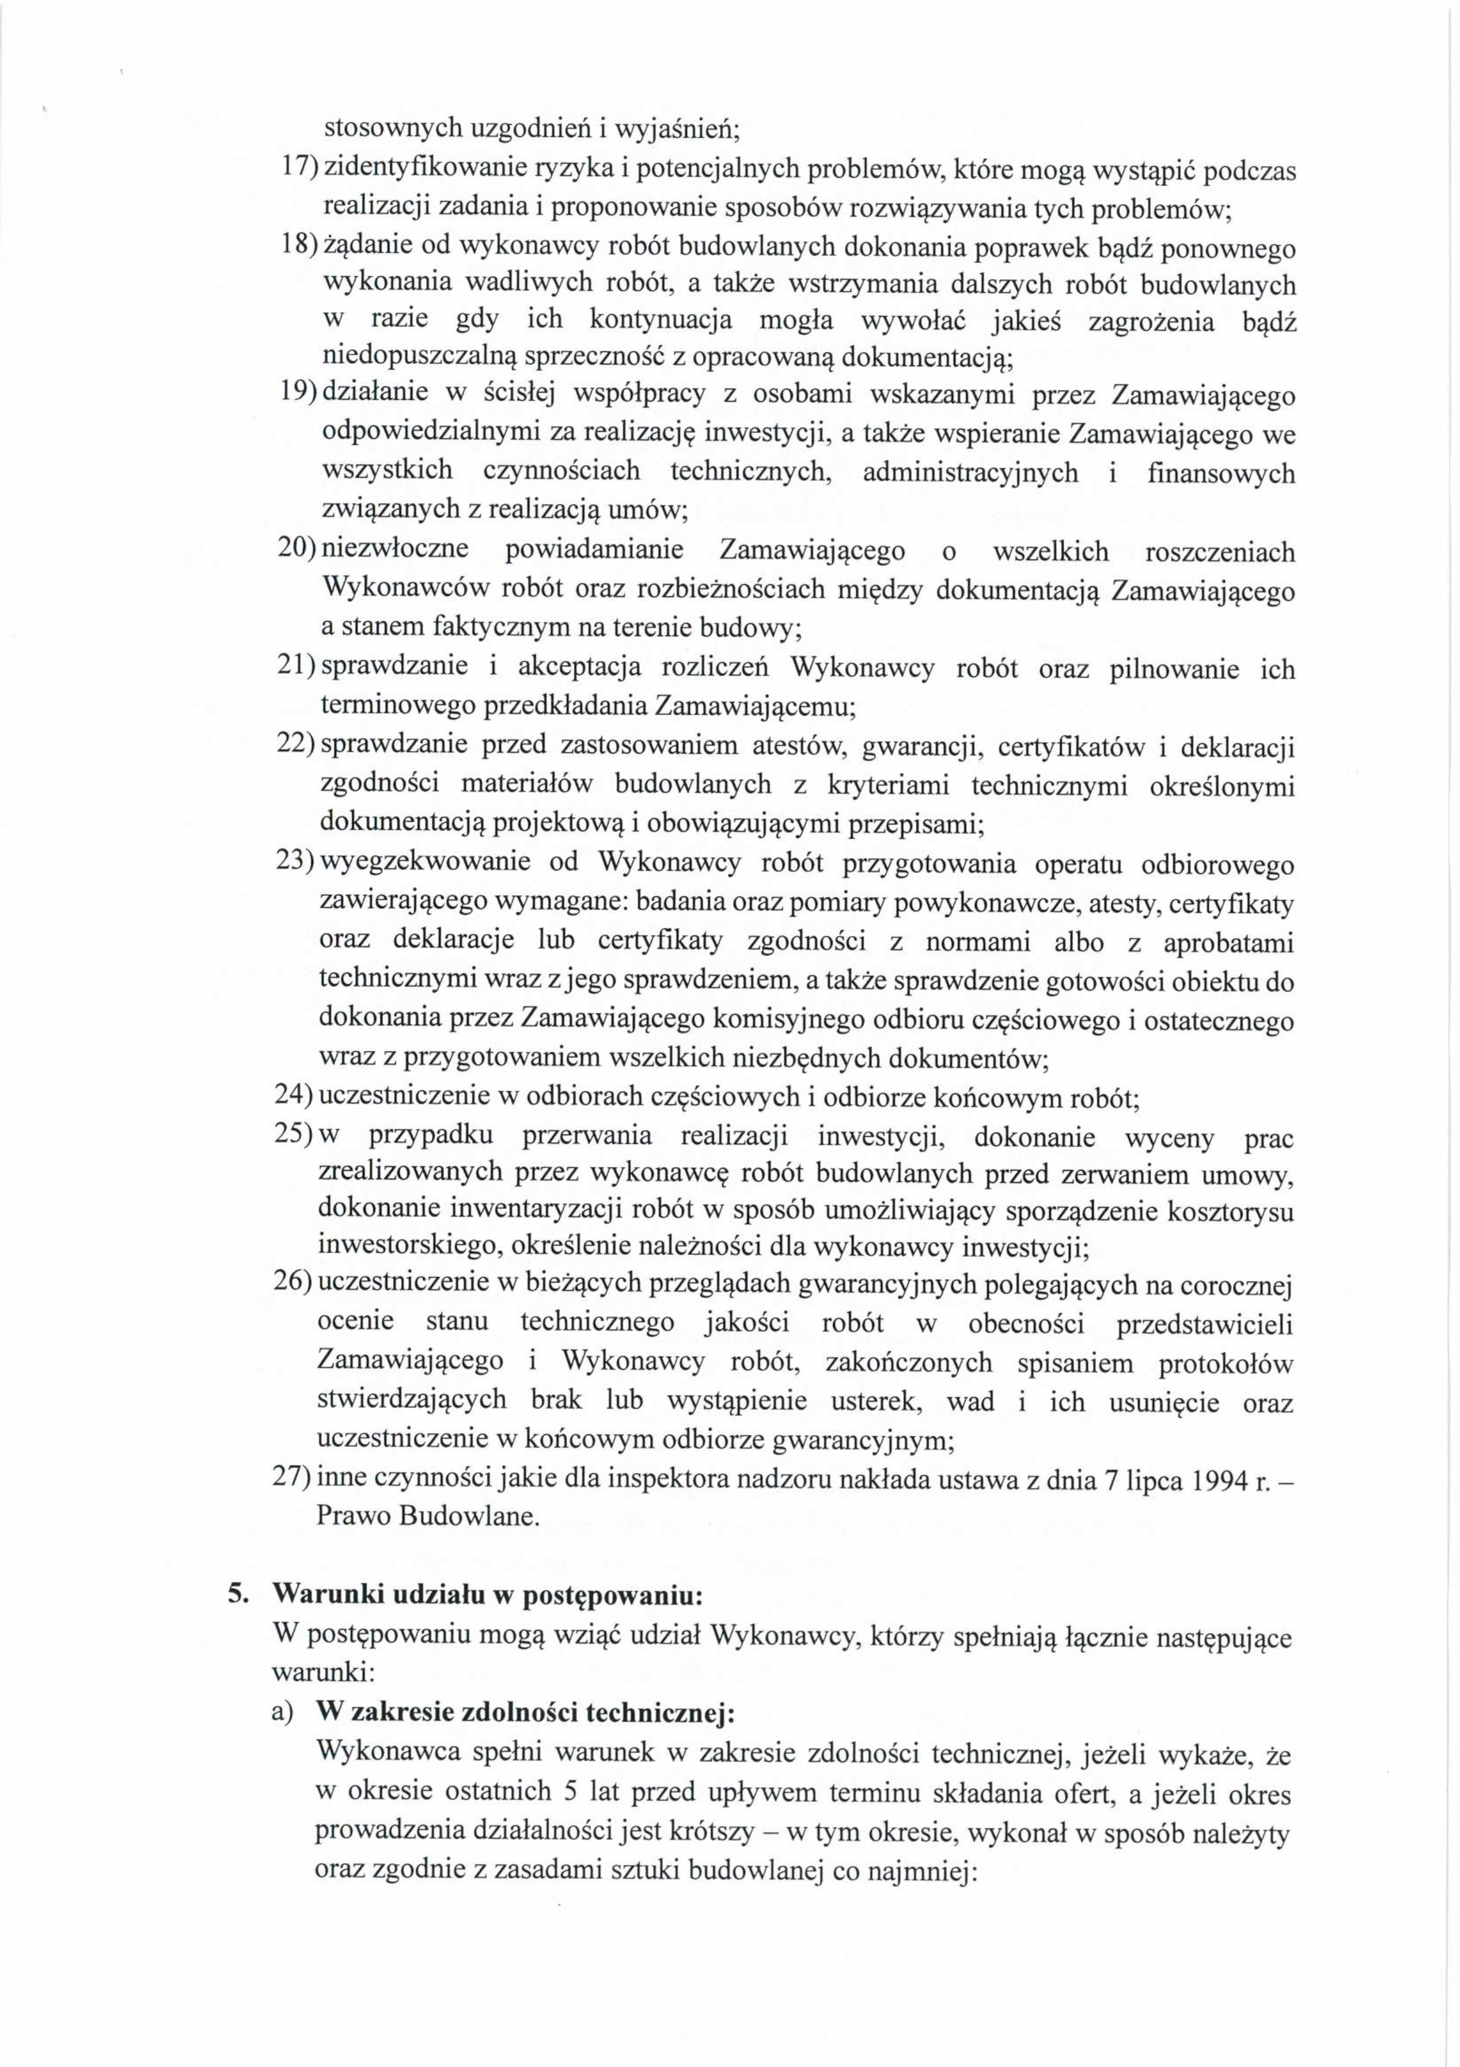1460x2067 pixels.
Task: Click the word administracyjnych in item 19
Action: [970, 472]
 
